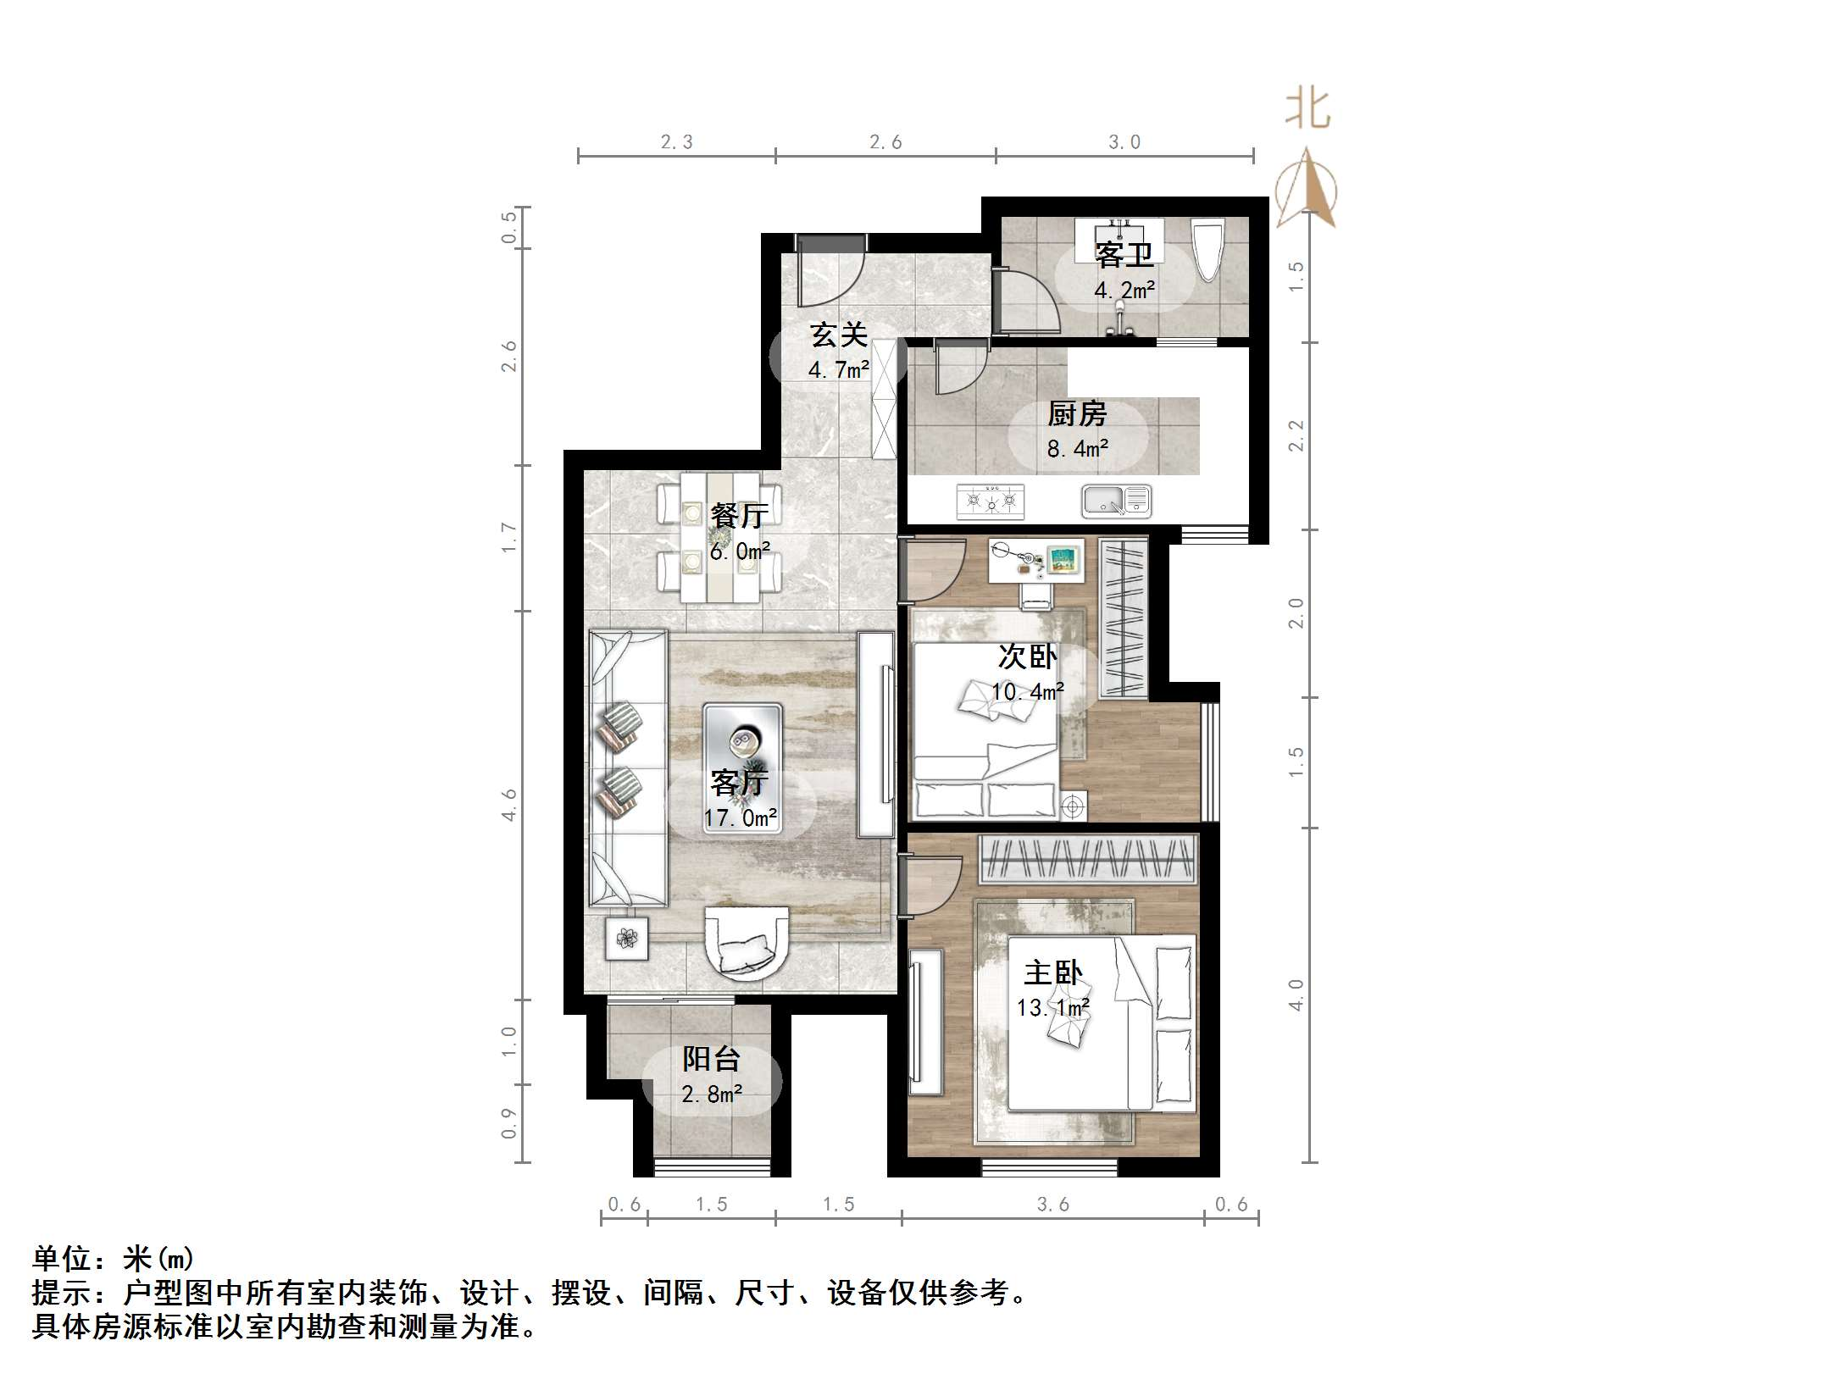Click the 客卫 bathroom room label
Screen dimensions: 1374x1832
pyautogui.click(x=1124, y=254)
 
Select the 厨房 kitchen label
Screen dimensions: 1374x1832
pyautogui.click(x=1077, y=414)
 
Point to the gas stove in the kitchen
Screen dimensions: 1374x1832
pyautogui.click(x=990, y=501)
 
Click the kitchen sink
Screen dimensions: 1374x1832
pyautogui.click(x=1116, y=501)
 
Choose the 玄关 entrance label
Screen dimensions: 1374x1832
pyautogui.click(x=838, y=335)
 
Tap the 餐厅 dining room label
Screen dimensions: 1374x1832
pyautogui.click(x=739, y=515)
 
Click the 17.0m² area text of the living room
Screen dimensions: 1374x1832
pyautogui.click(x=740, y=818)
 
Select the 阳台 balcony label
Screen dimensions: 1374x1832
pyautogui.click(x=711, y=1059)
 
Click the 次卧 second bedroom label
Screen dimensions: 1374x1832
pyautogui.click(x=1027, y=657)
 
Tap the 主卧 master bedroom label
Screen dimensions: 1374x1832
pyautogui.click(x=1052, y=972)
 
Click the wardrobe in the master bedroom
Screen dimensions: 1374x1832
pyautogui.click(x=1088, y=858)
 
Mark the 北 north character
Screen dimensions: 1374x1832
pyautogui.click(x=1307, y=110)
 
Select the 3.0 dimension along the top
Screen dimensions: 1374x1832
pyautogui.click(x=1124, y=142)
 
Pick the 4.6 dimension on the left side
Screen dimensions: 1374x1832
pyautogui.click(x=508, y=804)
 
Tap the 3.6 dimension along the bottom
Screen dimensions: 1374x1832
pyautogui.click(x=1053, y=1205)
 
